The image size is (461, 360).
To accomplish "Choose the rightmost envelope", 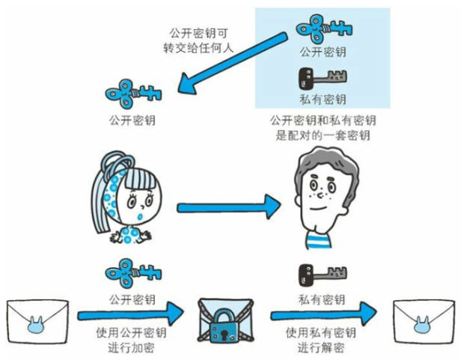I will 424,323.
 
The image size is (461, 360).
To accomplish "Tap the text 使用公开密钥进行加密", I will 132,341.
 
